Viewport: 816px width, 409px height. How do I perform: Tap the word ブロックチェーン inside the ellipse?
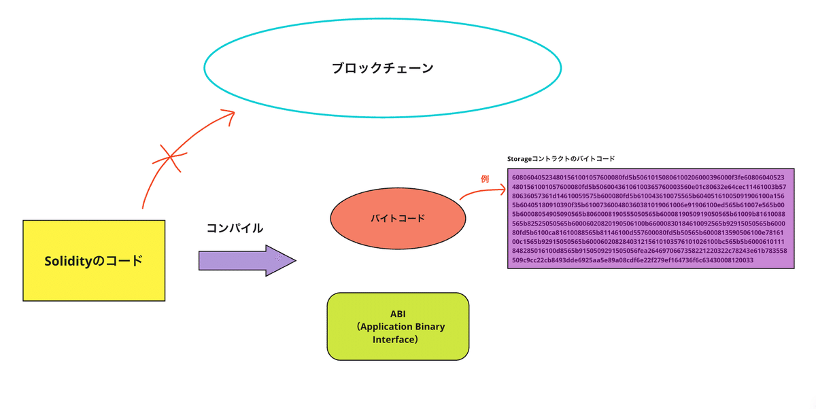[x=383, y=68]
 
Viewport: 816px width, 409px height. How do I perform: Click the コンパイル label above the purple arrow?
[x=235, y=228]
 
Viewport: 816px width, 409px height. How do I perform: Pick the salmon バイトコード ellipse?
[x=398, y=218]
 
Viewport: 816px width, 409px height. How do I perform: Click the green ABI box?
[x=398, y=326]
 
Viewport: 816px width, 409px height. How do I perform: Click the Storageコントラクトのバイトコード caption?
[x=561, y=158]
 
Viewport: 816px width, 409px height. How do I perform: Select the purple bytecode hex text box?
[x=651, y=218]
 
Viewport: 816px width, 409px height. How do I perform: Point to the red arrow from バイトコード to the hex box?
[x=483, y=192]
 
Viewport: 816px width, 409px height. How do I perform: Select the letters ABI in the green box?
[x=398, y=314]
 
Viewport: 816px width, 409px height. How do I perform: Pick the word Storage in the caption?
[x=521, y=158]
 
